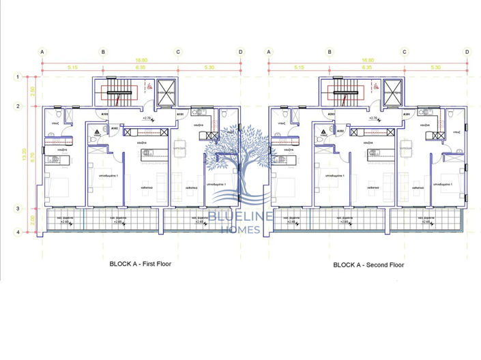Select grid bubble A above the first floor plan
(x=42, y=51)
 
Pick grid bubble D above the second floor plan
(x=467, y=51)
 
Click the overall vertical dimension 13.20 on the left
(x=25, y=155)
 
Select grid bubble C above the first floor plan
(x=177, y=51)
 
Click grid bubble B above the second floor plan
(x=330, y=51)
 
